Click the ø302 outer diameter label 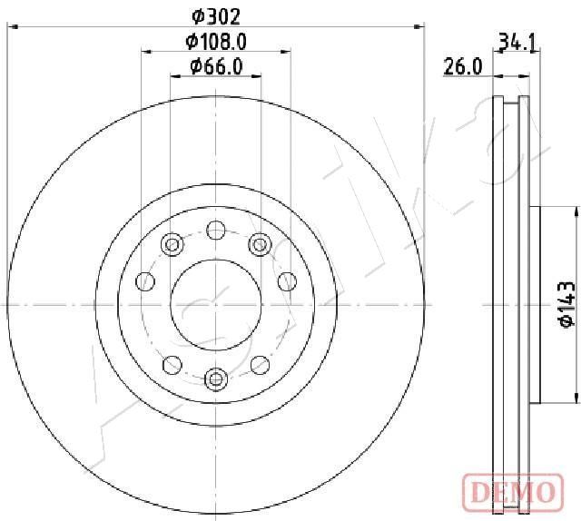(216, 16)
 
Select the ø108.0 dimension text (216, 42)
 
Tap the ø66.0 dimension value (216, 66)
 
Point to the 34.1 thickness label (517, 42)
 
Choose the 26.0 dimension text (463, 67)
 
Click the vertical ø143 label (567, 305)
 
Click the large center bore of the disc (216, 305)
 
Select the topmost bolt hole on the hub (216, 231)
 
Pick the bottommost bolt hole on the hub (216, 378)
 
